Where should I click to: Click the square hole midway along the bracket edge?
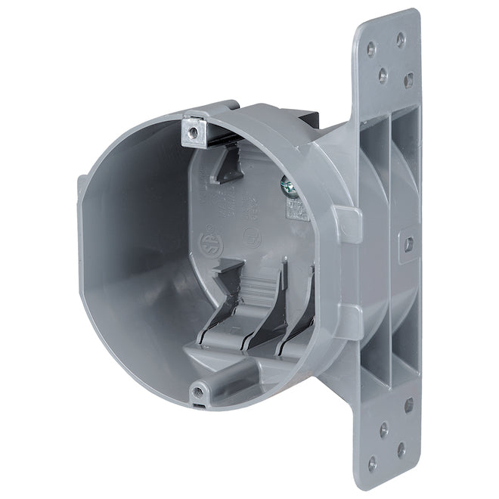pyautogui.click(x=408, y=244)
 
